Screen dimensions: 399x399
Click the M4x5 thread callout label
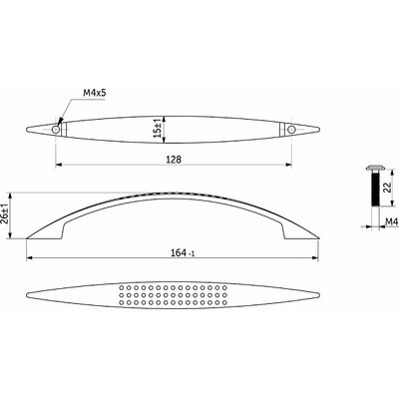click(x=94, y=93)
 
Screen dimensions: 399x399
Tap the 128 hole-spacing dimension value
click(x=174, y=160)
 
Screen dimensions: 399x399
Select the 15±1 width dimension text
click(x=159, y=128)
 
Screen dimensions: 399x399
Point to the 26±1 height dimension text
click(x=6, y=215)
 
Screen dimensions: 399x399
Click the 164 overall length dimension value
click(x=179, y=253)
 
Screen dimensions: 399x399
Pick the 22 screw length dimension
click(x=387, y=189)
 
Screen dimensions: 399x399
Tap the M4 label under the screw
click(x=391, y=221)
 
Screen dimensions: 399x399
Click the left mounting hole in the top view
click(x=56, y=130)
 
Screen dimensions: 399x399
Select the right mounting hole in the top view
click(x=291, y=130)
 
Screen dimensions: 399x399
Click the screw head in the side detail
click(x=375, y=168)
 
